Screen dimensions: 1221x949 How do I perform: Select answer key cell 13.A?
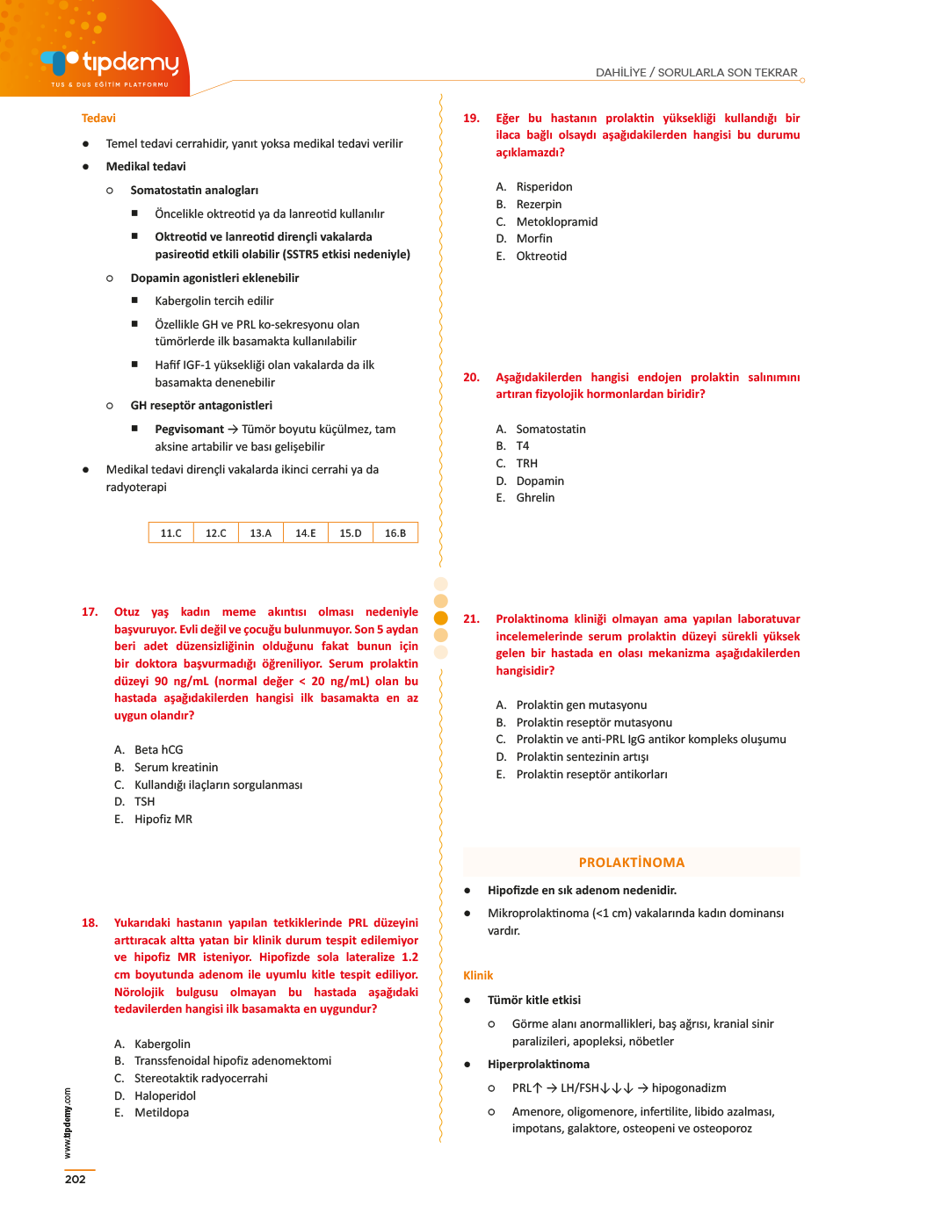pyautogui.click(x=261, y=533)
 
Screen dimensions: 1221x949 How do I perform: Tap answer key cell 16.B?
pyautogui.click(x=395, y=533)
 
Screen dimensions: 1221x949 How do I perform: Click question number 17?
pyautogui.click(x=90, y=612)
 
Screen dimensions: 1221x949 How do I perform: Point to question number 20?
pyautogui.click(x=471, y=378)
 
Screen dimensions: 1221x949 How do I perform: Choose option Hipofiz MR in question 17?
pyautogui.click(x=163, y=820)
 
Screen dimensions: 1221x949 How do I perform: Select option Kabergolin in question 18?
pyautogui.click(x=162, y=1044)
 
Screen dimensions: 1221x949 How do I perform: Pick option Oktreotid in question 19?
pyautogui.click(x=540, y=256)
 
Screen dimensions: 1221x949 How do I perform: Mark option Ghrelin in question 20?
pyautogui.click(x=534, y=498)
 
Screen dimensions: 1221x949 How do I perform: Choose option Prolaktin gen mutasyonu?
pyautogui.click(x=581, y=705)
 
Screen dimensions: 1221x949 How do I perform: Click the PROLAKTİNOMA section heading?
pyautogui.click(x=631, y=863)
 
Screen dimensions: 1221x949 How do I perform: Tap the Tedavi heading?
pyautogui.click(x=98, y=119)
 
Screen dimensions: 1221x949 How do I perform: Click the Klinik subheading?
pyautogui.click(x=478, y=976)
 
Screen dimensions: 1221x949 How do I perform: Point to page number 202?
pyautogui.click(x=76, y=1180)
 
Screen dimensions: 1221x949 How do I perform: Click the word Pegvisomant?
pyautogui.click(x=189, y=430)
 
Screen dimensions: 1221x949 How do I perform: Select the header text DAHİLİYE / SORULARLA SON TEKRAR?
pyautogui.click(x=696, y=73)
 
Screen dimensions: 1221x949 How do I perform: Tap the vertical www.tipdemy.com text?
pyautogui.click(x=68, y=1123)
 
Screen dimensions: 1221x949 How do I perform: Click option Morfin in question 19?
pyautogui.click(x=533, y=239)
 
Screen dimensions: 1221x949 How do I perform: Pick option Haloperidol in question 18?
pyautogui.click(x=164, y=1096)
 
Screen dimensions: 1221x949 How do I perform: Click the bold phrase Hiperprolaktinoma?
pyautogui.click(x=538, y=1065)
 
